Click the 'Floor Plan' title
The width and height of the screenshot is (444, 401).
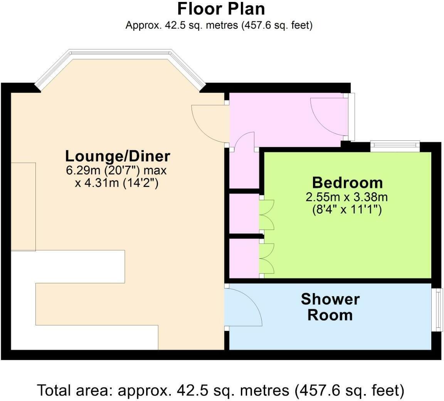click(221, 9)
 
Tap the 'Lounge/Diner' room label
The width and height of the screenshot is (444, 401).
click(118, 156)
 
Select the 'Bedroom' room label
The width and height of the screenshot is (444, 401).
click(347, 183)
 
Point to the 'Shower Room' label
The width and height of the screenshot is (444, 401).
click(330, 307)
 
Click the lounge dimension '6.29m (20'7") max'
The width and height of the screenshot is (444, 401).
click(116, 170)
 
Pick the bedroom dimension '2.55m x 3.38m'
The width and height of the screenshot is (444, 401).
click(346, 197)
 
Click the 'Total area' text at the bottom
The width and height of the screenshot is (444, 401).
click(220, 391)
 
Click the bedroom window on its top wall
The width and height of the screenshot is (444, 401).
click(395, 145)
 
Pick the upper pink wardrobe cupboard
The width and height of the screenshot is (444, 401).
click(244, 214)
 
